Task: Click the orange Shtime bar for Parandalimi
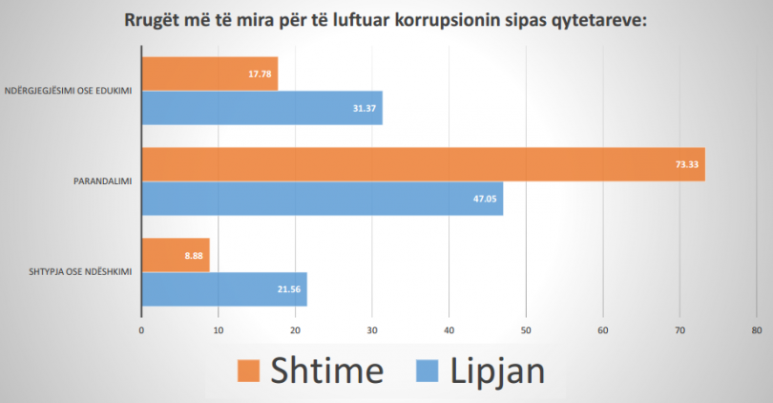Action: (423, 164)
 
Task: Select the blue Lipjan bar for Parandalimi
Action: (322, 199)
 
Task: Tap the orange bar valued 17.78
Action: (209, 74)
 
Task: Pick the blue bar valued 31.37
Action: (261, 108)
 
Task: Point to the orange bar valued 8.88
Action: (175, 255)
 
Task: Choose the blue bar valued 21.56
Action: (224, 288)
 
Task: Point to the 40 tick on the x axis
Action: (449, 330)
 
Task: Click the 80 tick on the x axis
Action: (756, 330)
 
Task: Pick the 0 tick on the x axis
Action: (141, 330)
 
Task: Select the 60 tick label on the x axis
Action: (602, 330)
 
